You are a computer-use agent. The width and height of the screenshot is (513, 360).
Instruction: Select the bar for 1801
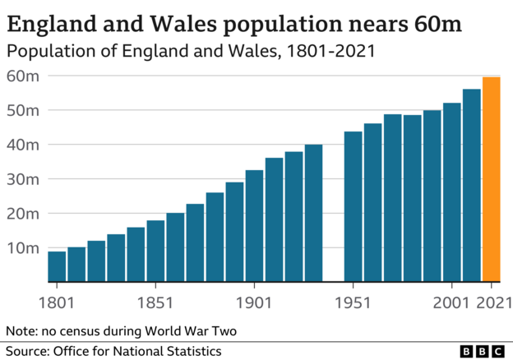pyautogui.click(x=57, y=266)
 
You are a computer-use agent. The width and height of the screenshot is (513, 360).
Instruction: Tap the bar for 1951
pyautogui.click(x=354, y=206)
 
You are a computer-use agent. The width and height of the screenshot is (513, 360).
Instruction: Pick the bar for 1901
pyautogui.click(x=255, y=225)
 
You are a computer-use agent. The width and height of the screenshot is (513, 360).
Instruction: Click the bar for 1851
pyautogui.click(x=155, y=251)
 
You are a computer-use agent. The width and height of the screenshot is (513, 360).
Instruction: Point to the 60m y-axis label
pyautogui.click(x=24, y=76)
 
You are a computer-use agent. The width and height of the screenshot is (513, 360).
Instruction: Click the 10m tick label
pyautogui.click(x=24, y=247)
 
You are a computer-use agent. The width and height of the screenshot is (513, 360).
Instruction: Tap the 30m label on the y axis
pyautogui.click(x=24, y=178)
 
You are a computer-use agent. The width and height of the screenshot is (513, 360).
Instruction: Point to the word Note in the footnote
pyautogui.click(x=22, y=331)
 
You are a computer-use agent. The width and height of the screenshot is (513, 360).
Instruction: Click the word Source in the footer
pyautogui.click(x=27, y=351)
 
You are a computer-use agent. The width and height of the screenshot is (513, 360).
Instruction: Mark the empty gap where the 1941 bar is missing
pyautogui.click(x=333, y=247)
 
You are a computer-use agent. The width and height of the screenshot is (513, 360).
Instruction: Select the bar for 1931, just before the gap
pyautogui.click(x=313, y=213)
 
